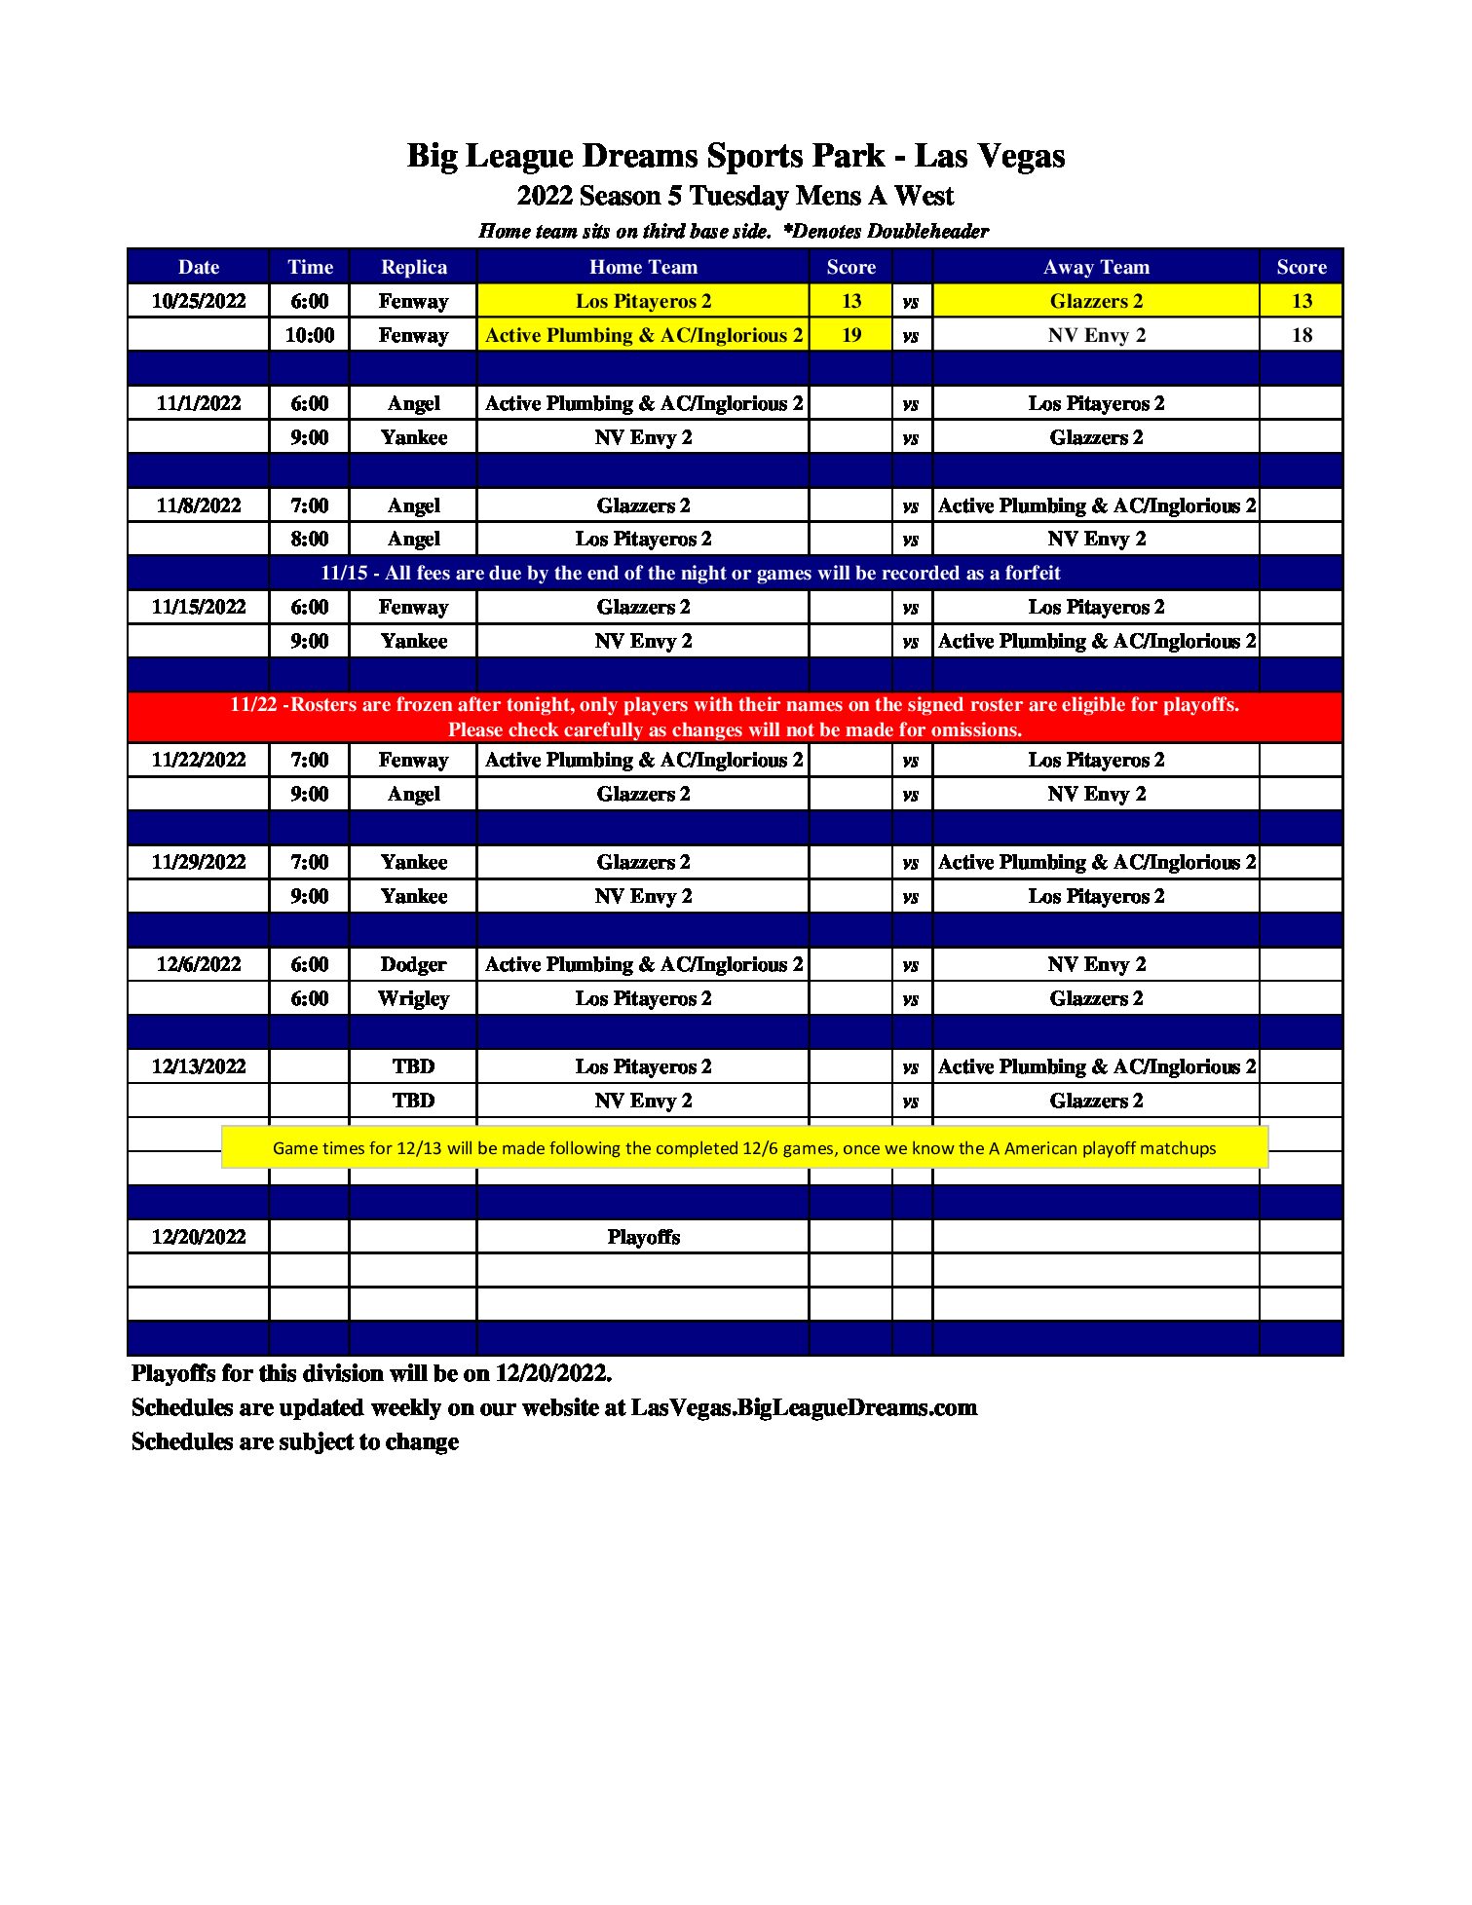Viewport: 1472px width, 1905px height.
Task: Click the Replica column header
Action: [x=413, y=267]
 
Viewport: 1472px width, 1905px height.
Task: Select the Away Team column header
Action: [x=1096, y=267]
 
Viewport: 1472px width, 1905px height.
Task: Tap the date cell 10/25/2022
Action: [x=199, y=301]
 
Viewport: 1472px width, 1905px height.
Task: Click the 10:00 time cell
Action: [x=310, y=335]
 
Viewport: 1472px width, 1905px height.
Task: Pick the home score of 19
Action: [x=850, y=335]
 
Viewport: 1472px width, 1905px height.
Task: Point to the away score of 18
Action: [x=1302, y=335]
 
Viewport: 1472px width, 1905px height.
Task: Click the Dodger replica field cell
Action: [x=413, y=964]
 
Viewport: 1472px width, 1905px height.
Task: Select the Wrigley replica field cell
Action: [x=413, y=998]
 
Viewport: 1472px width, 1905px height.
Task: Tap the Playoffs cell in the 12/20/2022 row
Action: [x=643, y=1237]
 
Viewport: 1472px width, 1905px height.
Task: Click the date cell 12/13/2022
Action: [x=199, y=1066]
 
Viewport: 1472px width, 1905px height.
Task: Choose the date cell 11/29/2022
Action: [x=199, y=862]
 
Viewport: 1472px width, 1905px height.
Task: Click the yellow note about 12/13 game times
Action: [x=744, y=1148]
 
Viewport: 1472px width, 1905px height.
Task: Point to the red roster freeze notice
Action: [x=735, y=717]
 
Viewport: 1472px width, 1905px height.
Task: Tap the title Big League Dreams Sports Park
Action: [x=736, y=156]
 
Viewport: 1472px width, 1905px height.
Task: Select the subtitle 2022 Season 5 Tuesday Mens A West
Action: [x=736, y=196]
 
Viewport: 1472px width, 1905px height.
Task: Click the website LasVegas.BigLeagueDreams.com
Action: [x=804, y=1407]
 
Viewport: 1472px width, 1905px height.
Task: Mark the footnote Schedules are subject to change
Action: [x=295, y=1441]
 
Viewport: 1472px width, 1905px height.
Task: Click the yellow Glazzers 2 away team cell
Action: [x=1096, y=301]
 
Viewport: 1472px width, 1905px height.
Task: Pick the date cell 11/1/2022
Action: [x=199, y=403]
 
